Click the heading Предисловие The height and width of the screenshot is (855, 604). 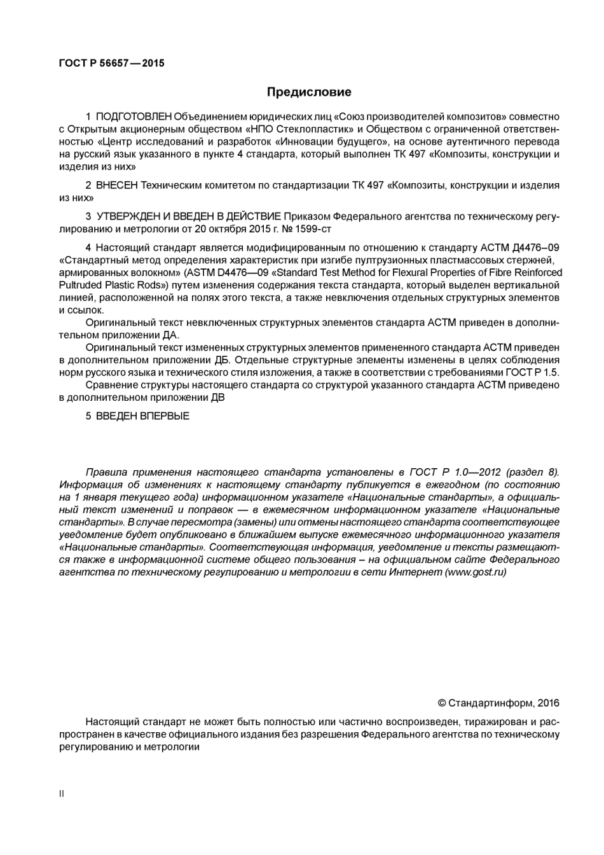tap(308, 92)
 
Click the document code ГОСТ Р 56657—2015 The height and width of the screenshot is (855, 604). tap(111, 63)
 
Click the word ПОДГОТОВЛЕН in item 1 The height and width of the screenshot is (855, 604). tap(134, 116)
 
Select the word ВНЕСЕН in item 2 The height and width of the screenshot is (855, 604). tap(117, 185)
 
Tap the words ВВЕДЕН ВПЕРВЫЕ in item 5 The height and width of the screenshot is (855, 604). tap(142, 416)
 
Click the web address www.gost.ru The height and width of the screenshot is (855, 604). tap(476, 572)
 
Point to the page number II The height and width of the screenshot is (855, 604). tap(62, 793)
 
